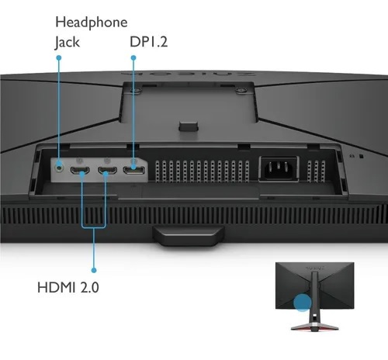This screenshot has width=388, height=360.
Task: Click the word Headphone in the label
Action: (x=92, y=23)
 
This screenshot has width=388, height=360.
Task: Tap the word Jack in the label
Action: (x=67, y=43)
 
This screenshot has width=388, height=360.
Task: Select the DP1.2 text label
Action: (x=148, y=42)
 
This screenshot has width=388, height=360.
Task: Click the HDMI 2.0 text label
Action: (x=68, y=287)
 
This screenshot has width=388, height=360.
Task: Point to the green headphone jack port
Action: (x=60, y=168)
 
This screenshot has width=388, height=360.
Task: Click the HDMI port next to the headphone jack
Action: (x=80, y=171)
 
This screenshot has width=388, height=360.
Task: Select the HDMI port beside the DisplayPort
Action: (x=107, y=171)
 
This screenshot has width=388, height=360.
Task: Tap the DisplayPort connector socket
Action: (x=134, y=171)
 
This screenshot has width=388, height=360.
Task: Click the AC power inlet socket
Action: (x=279, y=169)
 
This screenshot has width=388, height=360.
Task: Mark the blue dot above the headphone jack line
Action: (x=59, y=57)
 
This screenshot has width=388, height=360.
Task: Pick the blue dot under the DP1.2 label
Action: (x=133, y=57)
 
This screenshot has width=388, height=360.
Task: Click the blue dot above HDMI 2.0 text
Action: (x=94, y=270)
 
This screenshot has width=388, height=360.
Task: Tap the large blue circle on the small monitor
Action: (x=303, y=302)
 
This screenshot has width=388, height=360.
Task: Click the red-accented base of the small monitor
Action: (x=314, y=327)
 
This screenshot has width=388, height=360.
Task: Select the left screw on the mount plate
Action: (x=135, y=90)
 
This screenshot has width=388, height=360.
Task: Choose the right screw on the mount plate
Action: (x=241, y=90)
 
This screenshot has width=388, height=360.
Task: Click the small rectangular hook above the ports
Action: (x=189, y=126)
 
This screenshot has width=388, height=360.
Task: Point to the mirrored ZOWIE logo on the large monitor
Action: (x=189, y=74)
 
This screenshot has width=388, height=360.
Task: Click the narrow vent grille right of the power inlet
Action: (x=316, y=171)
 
